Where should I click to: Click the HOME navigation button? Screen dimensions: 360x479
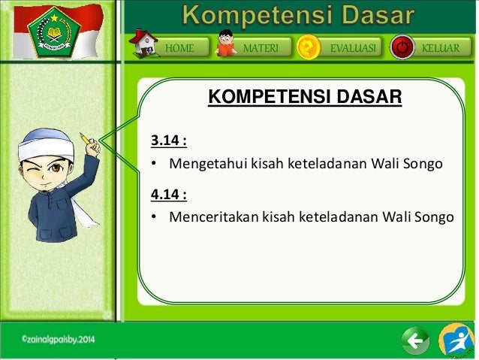coord(179,48)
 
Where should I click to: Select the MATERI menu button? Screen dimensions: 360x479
coord(261,48)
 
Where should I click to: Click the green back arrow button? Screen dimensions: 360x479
coord(415,341)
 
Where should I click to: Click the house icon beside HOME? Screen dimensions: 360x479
coord(146,43)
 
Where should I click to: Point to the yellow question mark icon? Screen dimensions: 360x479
coord(308,47)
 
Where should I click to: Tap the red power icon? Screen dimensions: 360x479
coord(402,48)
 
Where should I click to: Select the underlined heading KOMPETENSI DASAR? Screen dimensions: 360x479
coord(305,97)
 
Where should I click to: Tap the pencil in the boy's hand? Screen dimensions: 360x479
coord(86,139)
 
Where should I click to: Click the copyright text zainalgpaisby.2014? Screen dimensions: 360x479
coord(58,340)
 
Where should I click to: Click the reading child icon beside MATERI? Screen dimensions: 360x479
coord(225,45)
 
